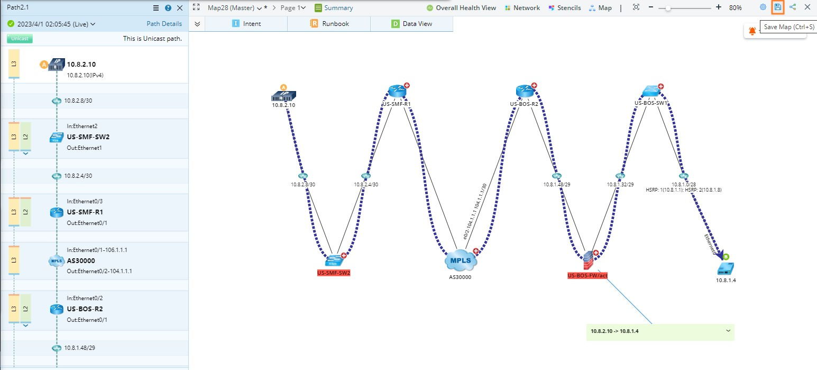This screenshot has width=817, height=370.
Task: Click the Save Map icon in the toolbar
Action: click(777, 7)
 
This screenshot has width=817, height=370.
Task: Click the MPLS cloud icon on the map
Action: click(461, 260)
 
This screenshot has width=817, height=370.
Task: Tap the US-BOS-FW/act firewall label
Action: click(587, 275)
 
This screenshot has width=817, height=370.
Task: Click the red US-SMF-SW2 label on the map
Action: click(334, 273)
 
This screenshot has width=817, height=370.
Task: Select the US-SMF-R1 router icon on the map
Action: click(397, 92)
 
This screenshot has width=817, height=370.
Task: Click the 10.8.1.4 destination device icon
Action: click(726, 268)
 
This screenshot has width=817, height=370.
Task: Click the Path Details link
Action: click(164, 24)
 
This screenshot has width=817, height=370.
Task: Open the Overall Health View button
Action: click(461, 8)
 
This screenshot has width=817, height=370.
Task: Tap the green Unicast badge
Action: click(20, 39)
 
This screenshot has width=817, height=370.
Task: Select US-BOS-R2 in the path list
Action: click(85, 309)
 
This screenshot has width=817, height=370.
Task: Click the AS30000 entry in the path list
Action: click(81, 261)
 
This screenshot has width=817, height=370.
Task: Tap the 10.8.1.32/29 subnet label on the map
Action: click(620, 185)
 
